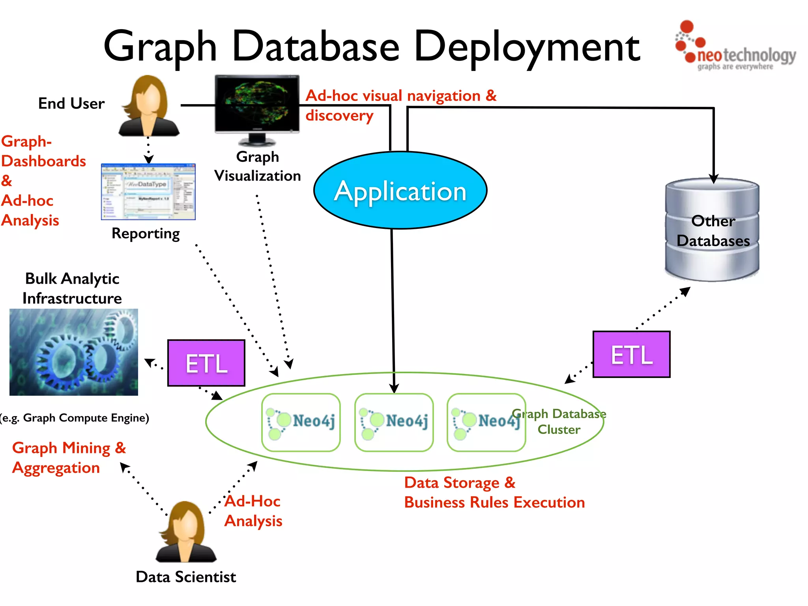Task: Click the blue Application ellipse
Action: click(400, 191)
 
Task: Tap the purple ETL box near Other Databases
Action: click(631, 354)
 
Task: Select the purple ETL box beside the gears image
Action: click(206, 363)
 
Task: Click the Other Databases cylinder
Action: click(713, 230)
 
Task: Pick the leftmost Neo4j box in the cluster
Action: click(301, 422)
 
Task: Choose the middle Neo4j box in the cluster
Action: click(394, 422)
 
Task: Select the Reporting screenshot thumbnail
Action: click(148, 192)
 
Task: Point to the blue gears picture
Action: click(74, 352)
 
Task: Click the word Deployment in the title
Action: click(527, 47)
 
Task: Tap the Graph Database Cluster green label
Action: click(559, 421)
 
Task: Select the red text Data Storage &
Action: click(460, 483)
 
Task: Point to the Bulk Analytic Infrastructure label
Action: click(72, 288)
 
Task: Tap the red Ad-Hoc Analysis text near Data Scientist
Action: click(253, 511)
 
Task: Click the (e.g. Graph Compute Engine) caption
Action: click(74, 418)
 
